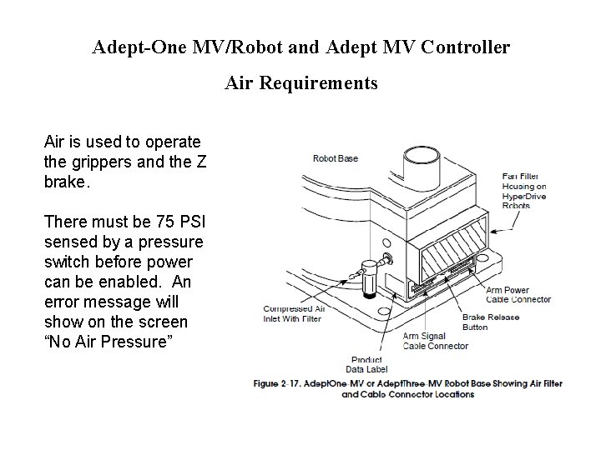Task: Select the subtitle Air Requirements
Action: (300, 83)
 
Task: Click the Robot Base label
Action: (335, 158)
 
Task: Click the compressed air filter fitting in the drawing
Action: (365, 275)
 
